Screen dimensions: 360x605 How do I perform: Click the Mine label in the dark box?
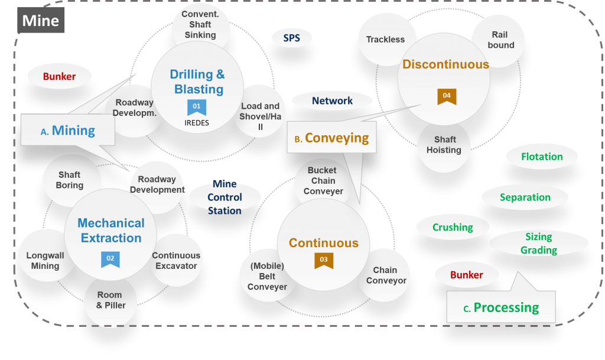coord(41,21)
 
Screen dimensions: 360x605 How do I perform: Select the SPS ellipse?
coord(291,38)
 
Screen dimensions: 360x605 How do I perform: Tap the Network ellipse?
coord(332,101)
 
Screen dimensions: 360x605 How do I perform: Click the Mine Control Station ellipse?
coord(225,197)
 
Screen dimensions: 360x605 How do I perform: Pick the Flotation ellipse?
coord(542,157)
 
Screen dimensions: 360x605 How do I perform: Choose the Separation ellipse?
coord(525,197)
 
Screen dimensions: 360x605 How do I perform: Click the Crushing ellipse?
coord(453,227)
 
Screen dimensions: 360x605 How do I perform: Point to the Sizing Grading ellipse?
coord(539,243)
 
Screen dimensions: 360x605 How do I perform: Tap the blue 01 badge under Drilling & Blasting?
coord(197,107)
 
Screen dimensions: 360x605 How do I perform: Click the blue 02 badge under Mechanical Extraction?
coord(110,259)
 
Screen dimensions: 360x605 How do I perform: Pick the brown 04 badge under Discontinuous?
coord(447,96)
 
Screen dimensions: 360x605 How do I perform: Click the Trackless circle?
coord(385,40)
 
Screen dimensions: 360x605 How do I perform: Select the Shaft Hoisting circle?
coord(444,145)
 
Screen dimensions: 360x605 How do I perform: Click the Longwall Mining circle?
coord(45,261)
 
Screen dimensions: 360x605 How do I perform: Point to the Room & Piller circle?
coord(110,300)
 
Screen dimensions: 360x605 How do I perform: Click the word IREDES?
coord(197,123)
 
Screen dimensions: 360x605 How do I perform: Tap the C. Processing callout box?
coord(501,307)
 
